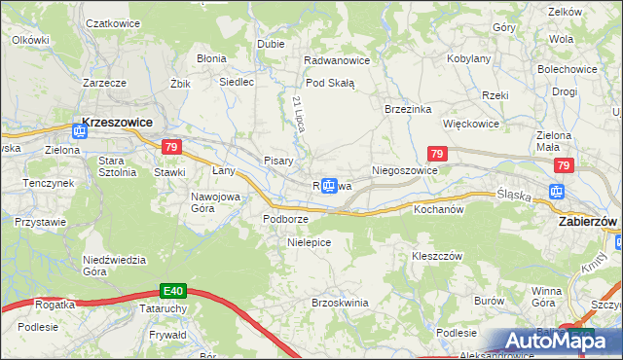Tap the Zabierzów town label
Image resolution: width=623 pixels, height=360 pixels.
587,221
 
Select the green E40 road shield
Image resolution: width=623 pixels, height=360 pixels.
172,291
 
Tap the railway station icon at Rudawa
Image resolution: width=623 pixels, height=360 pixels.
330,186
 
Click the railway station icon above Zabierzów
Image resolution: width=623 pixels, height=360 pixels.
559,192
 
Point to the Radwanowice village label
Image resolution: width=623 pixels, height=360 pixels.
336,60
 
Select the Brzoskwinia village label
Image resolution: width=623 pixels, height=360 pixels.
339,303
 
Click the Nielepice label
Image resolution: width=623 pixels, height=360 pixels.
309,241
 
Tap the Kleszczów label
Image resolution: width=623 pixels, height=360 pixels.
435,255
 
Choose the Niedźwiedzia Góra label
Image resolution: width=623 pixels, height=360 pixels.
114,265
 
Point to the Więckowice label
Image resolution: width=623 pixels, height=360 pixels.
470,125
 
